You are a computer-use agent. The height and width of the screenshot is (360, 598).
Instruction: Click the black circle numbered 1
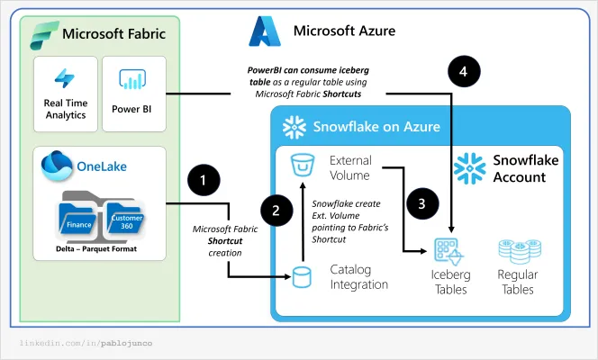(204, 180)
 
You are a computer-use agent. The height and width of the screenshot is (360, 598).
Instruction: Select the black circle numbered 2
(276, 211)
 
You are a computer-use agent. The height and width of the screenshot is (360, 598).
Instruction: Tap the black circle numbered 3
(421, 202)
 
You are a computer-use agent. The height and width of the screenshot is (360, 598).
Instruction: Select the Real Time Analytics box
(65, 93)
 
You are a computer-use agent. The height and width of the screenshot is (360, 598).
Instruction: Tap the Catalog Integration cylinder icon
(304, 276)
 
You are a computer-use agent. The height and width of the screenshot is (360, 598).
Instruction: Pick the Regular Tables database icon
(518, 252)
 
